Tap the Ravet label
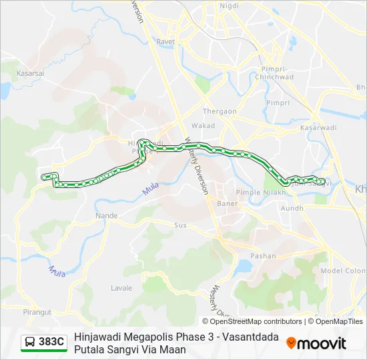165,41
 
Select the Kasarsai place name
30,73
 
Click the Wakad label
203,125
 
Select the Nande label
106,216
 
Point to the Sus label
180,225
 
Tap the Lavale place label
121,288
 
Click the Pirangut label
37,311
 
